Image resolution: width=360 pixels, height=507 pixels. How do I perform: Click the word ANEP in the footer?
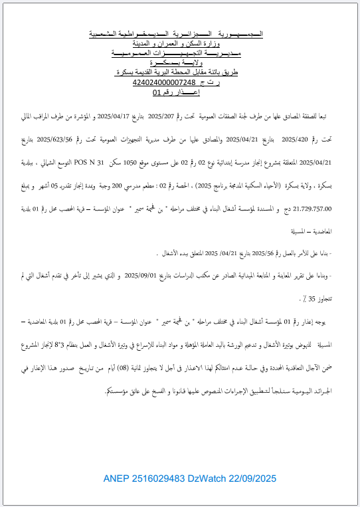[x=116, y=478]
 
